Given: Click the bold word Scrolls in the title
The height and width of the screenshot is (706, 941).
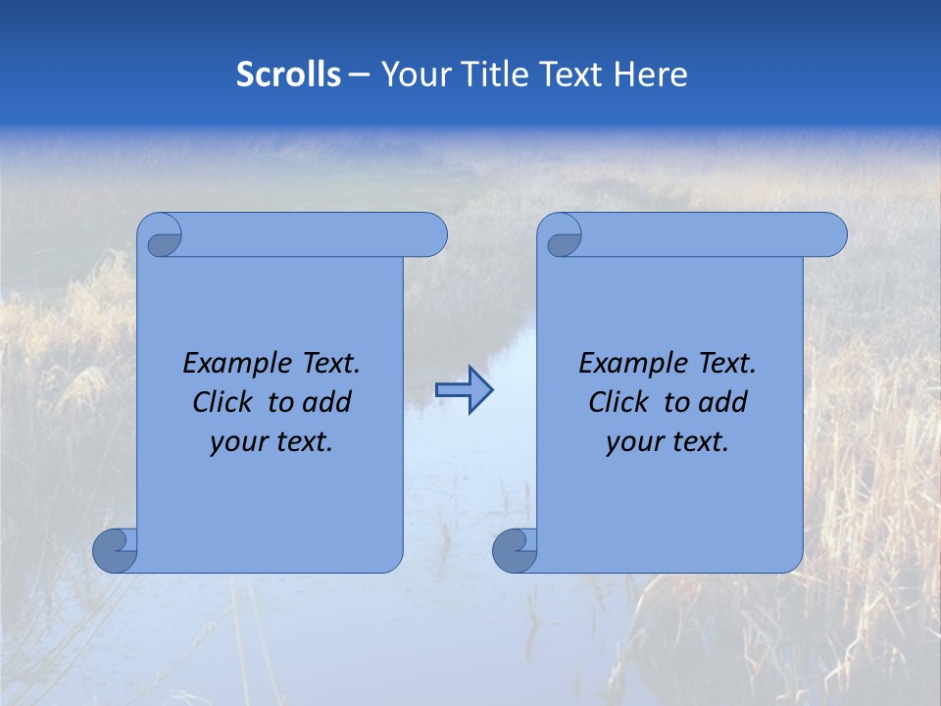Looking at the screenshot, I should pos(288,75).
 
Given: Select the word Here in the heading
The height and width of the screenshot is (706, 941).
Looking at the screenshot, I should pos(651,75).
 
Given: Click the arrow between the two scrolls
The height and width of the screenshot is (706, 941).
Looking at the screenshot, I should pos(464,390).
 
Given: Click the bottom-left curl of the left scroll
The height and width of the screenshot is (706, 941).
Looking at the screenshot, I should pos(115,550).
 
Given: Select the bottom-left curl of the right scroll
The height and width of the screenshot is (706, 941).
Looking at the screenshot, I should pos(515,550).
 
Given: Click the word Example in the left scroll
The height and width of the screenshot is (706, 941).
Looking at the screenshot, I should pos(232,364).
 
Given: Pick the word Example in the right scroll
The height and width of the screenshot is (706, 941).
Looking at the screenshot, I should pos(628,364).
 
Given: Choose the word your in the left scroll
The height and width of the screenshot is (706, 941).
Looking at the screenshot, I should pos(235,443).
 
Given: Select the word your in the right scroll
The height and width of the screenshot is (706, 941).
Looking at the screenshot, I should pos(631,443).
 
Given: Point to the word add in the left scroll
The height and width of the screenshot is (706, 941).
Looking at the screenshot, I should pos(328,402).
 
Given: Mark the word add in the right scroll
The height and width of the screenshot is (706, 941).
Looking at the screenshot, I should pos(724,402).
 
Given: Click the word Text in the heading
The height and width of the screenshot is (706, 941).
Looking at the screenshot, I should pos(570,75).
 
